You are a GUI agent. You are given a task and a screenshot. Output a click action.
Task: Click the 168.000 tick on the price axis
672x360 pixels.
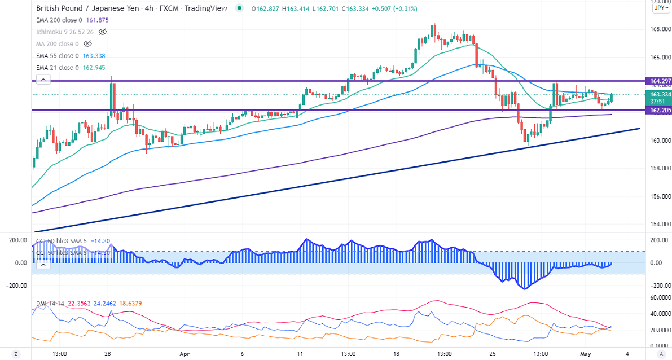click(x=657, y=30)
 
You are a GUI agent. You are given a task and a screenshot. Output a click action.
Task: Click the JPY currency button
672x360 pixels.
click(x=660, y=8)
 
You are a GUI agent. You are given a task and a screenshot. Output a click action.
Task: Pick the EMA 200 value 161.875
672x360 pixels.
click(x=97, y=20)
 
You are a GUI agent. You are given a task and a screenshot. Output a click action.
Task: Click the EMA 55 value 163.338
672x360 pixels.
click(x=93, y=56)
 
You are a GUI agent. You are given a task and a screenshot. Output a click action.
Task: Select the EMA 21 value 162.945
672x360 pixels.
click(x=93, y=68)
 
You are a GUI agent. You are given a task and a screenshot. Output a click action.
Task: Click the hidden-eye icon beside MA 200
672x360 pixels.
click(x=87, y=44)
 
